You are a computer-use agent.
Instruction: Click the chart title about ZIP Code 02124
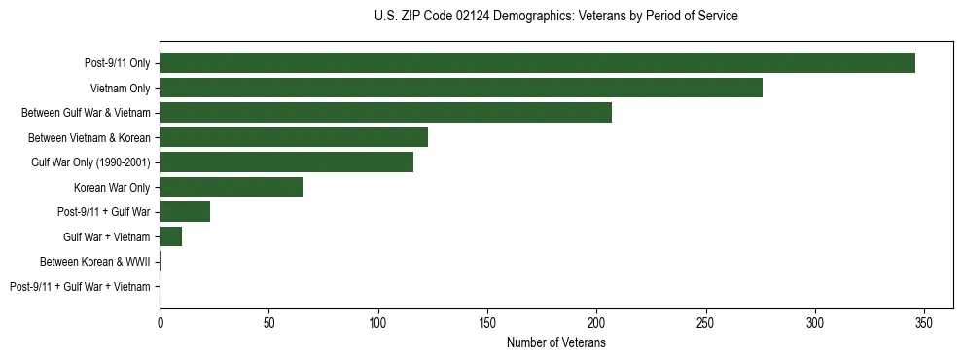click(x=555, y=17)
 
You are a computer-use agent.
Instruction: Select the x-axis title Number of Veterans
click(x=555, y=342)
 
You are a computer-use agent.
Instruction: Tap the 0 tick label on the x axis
click(x=160, y=322)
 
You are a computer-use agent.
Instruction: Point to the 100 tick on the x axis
click(x=378, y=322)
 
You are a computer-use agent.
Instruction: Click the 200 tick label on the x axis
click(x=596, y=322)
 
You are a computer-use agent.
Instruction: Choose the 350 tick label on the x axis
click(x=924, y=322)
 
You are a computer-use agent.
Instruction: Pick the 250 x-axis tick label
click(x=705, y=322)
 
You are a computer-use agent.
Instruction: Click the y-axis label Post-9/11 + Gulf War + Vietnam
click(x=80, y=287)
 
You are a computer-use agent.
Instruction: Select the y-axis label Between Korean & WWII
click(x=95, y=262)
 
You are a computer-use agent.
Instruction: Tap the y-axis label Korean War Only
click(x=112, y=187)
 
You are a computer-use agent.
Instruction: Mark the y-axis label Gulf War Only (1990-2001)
click(x=90, y=162)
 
